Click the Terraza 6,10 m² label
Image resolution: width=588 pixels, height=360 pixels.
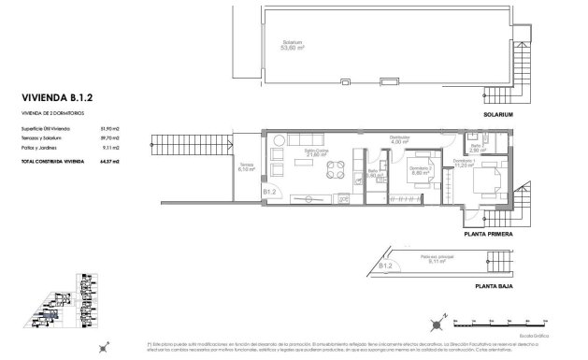pyautogui.click(x=245, y=168)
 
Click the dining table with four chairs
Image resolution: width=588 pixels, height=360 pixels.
pyautogui.click(x=334, y=169)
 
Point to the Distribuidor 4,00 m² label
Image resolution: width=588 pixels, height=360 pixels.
pyautogui.click(x=400, y=140)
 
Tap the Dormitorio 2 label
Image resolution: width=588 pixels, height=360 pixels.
pyautogui.click(x=419, y=169)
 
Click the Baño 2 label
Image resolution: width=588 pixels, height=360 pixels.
pyautogui.click(x=477, y=148)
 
